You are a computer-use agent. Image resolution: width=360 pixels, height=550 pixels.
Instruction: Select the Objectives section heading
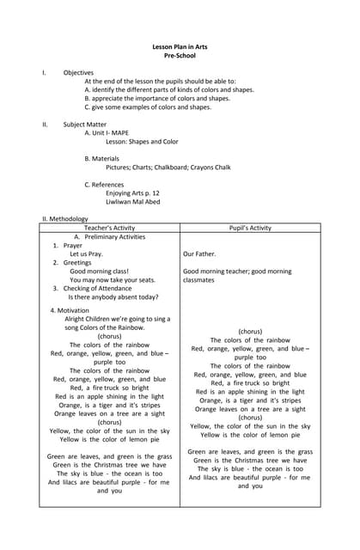coord(78,73)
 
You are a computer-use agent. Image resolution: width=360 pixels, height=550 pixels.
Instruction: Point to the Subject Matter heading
coord(85,125)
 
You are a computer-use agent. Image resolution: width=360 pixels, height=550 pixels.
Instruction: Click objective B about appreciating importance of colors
coord(156,99)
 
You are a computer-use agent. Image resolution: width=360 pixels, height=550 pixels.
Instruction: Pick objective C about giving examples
coord(147,107)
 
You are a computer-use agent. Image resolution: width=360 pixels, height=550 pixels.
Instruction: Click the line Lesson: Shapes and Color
coord(142,142)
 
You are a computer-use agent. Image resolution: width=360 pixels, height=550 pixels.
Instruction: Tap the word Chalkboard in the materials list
coord(185,168)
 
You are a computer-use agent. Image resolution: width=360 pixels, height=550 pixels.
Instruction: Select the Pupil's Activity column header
coord(250,228)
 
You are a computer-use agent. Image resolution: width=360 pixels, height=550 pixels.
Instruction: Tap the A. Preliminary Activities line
coord(109,236)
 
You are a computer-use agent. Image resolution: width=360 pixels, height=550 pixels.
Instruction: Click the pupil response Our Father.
coord(199,254)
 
